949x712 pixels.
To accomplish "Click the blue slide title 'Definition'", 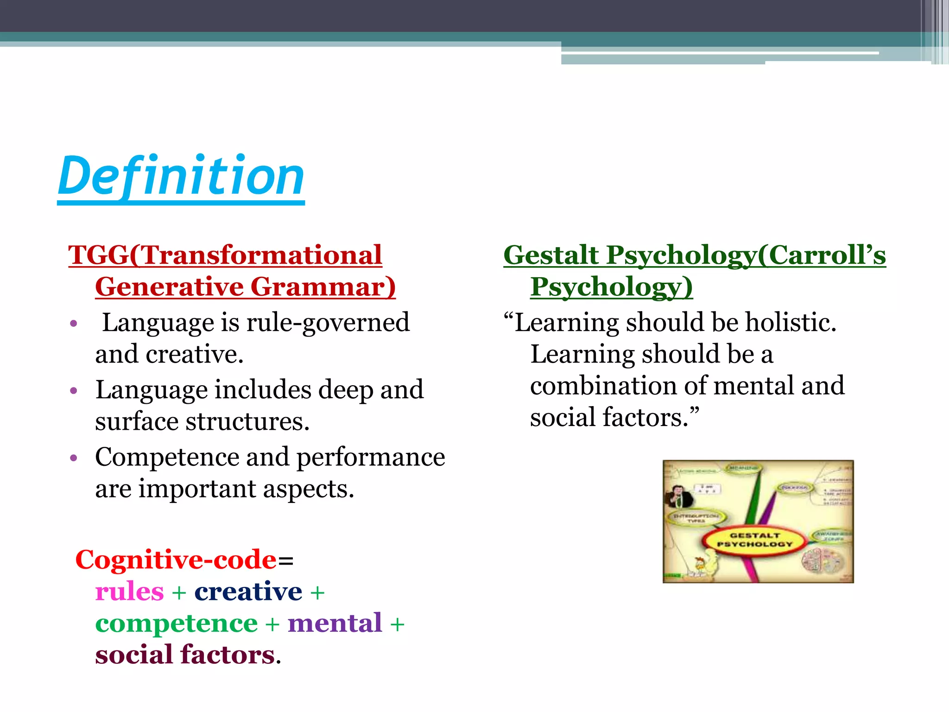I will pos(181,177).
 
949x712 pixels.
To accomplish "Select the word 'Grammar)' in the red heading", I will pos(323,286).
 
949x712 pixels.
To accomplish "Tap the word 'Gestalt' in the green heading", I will pos(551,255).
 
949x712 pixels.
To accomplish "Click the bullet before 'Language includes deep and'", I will pos(73,390).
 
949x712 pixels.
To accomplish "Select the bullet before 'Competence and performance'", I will pos(73,458).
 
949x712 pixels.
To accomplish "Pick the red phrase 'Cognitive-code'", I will pos(176,559).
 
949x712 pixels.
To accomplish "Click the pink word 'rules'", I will pos(129,591).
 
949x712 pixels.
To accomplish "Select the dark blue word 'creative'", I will pos(248,591).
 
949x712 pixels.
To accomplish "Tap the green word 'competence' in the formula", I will pos(176,623).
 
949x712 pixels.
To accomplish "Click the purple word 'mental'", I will pos(335,623).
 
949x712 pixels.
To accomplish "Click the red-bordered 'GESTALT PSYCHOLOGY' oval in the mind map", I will pos(754,540).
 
